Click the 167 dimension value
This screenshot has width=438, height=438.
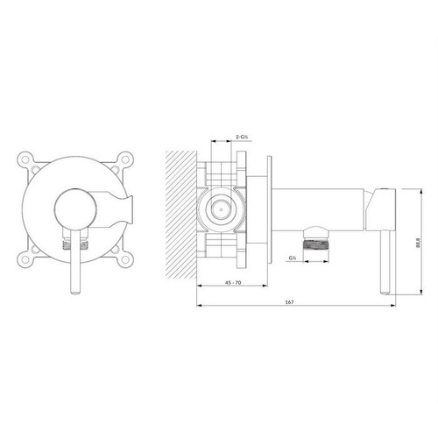tap(289, 302)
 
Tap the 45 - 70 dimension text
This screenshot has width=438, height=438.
tap(233, 282)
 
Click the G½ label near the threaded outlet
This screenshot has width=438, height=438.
tap(293, 258)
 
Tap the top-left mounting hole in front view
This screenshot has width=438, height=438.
tap(25, 159)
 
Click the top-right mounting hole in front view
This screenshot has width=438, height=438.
tap(125, 159)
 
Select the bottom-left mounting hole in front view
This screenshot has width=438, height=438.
tap(25, 258)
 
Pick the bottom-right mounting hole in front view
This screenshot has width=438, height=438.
tap(125, 258)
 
